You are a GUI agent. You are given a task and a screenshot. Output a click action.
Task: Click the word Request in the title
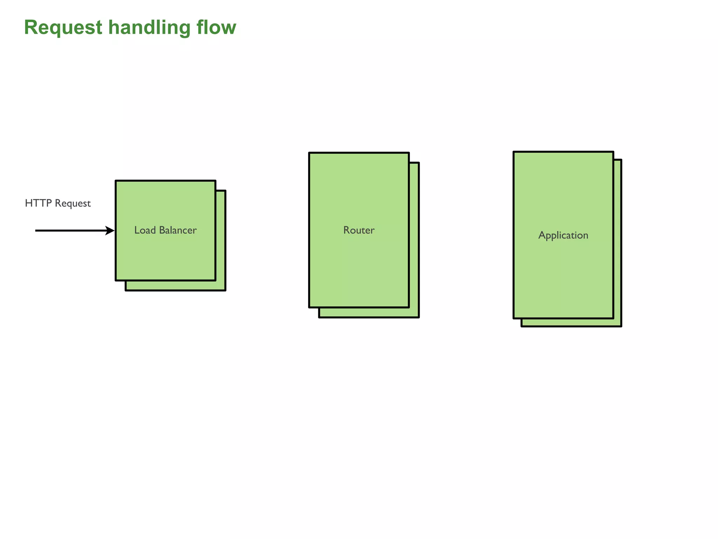tap(63, 27)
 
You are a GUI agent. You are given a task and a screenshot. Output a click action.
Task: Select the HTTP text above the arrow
tap(39, 203)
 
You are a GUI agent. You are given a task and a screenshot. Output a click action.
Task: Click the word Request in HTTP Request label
tap(73, 204)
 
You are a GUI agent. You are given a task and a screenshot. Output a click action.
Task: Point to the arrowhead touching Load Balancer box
tap(110, 231)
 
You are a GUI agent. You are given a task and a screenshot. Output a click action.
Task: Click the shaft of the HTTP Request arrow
tap(70, 231)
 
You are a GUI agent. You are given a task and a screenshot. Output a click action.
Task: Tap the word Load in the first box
tap(145, 230)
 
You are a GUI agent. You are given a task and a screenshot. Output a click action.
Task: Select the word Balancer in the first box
tap(178, 230)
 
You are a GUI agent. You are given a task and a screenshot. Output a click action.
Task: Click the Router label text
tap(359, 230)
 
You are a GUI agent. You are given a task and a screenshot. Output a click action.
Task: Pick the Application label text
tap(563, 235)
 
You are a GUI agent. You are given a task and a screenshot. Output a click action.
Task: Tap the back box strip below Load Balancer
tap(175, 286)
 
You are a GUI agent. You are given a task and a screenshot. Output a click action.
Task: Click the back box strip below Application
tap(571, 322)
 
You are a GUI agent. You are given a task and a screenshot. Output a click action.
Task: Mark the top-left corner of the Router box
tap(309, 153)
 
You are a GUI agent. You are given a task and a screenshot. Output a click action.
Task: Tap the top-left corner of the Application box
tap(514, 152)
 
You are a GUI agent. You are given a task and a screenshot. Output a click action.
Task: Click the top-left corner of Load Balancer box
tap(116, 181)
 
